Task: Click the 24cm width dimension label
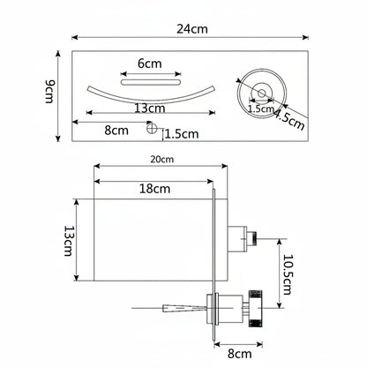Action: pos(192,29)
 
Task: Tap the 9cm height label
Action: pos(50,92)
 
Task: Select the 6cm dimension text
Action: pos(150,64)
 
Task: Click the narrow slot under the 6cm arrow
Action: pos(151,82)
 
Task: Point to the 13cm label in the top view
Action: pos(150,109)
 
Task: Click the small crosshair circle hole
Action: pos(152,128)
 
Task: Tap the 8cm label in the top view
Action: pos(116,130)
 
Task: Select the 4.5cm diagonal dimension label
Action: pos(289,120)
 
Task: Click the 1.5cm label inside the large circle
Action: pos(261,109)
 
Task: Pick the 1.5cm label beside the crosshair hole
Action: pos(182,134)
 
